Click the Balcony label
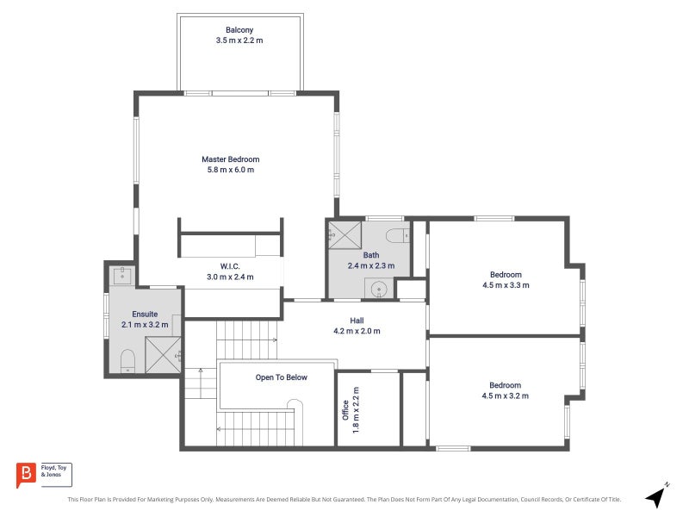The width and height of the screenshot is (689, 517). [239, 30]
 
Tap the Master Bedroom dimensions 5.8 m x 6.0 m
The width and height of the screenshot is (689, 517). [231, 170]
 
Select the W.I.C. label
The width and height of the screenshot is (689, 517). [230, 266]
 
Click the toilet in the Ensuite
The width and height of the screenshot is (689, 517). [127, 360]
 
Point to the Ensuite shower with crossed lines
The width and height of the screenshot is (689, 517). [163, 355]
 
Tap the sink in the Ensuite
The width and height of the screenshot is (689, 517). [122, 276]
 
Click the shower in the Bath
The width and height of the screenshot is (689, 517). [345, 235]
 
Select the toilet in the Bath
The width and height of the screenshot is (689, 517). [398, 235]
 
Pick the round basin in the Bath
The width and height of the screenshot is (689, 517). [379, 290]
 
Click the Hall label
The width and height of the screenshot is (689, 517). [357, 321]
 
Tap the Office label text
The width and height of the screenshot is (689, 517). [346, 410]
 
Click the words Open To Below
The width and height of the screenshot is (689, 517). [282, 377]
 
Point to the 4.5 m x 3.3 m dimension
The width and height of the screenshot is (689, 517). [506, 285]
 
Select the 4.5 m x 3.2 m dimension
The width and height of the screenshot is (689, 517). [506, 396]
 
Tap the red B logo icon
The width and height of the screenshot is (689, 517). [26, 475]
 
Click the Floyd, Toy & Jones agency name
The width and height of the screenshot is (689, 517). [53, 471]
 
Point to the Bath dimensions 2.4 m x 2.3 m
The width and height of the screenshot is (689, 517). [371, 265]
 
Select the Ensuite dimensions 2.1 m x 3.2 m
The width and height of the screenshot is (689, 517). [145, 325]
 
